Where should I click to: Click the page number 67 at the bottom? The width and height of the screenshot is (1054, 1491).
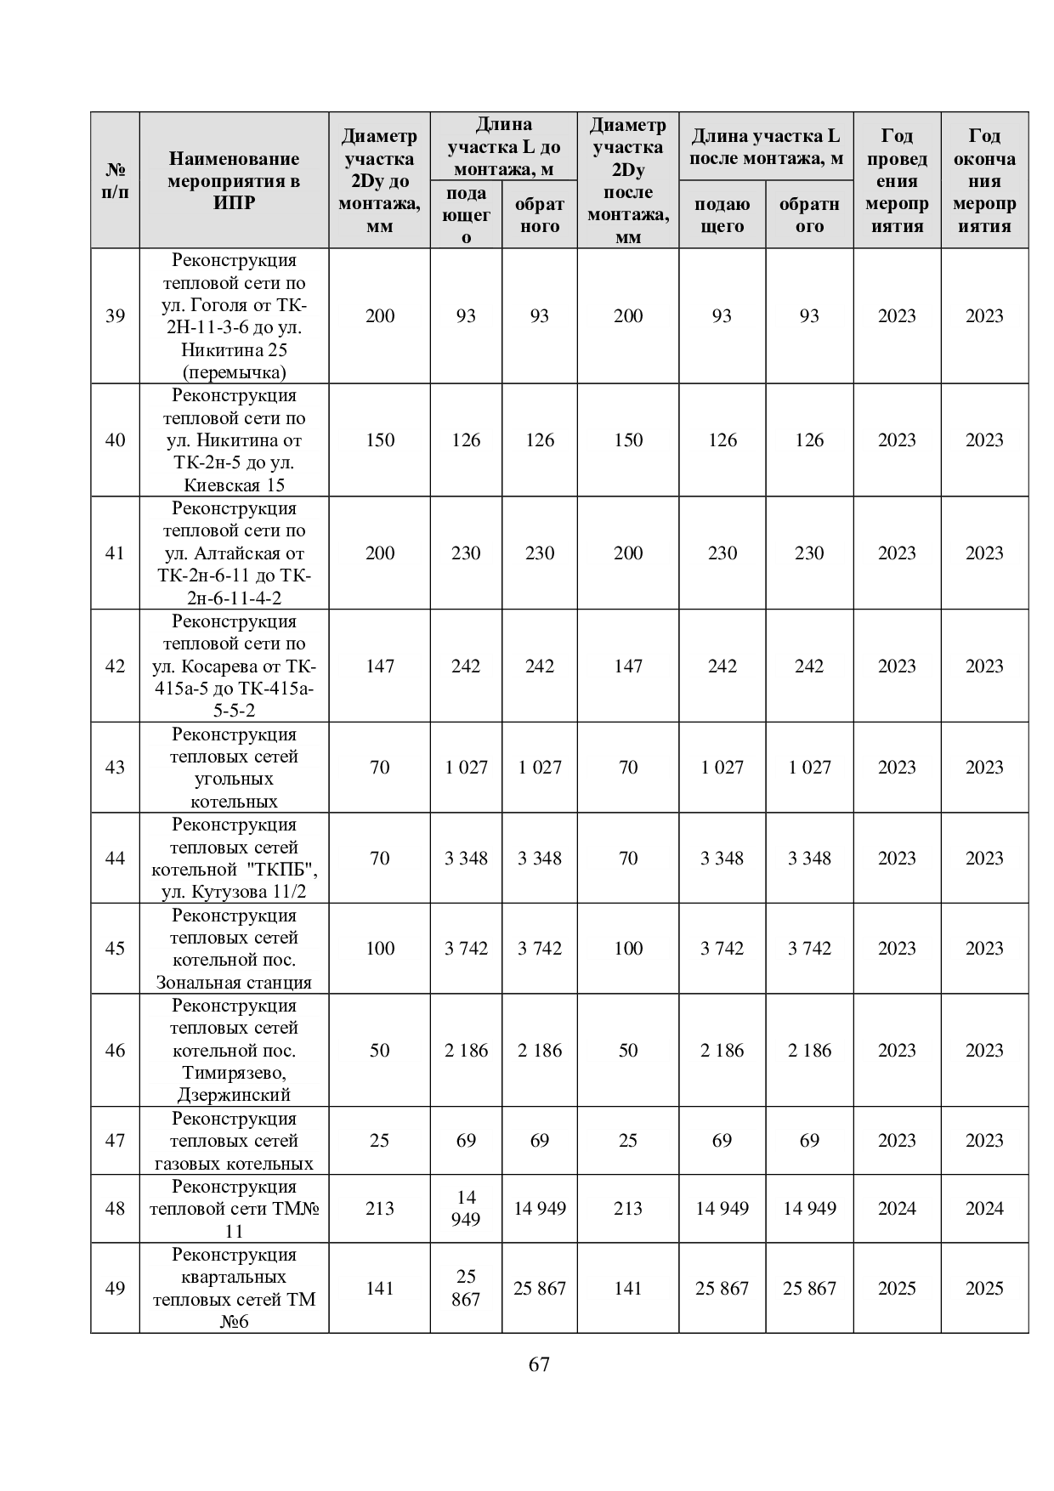coord(539,1364)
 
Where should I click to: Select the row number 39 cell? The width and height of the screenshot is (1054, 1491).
coord(115,316)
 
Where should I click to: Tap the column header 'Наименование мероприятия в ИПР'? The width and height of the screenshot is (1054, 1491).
coord(234,180)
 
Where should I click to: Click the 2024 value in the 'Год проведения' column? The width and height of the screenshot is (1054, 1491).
coord(897,1208)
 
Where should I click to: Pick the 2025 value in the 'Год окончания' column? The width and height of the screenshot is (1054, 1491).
coord(984,1288)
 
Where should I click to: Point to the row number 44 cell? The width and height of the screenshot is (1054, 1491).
coord(115,858)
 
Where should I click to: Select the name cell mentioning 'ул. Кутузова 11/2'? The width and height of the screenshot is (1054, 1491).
coord(234,858)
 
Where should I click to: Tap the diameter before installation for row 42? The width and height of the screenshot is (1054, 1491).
coord(379,666)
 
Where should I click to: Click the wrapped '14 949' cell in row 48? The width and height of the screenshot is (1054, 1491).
coord(466,1208)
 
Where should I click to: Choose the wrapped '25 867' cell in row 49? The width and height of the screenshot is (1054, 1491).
coord(466,1288)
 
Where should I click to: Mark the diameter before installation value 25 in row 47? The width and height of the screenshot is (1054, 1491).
coord(379,1140)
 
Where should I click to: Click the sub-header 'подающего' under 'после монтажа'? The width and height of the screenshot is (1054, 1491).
coord(722,215)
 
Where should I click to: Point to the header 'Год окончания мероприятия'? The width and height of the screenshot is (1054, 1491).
coord(984,180)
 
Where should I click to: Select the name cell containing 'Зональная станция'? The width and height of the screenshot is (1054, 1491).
coord(234,949)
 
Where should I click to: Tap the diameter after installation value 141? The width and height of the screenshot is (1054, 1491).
coord(628,1288)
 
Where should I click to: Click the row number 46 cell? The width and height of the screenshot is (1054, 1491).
coord(115,1050)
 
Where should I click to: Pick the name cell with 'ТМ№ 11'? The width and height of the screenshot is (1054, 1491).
coord(234,1208)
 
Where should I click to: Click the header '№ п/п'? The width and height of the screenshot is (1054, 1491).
coord(115,180)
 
